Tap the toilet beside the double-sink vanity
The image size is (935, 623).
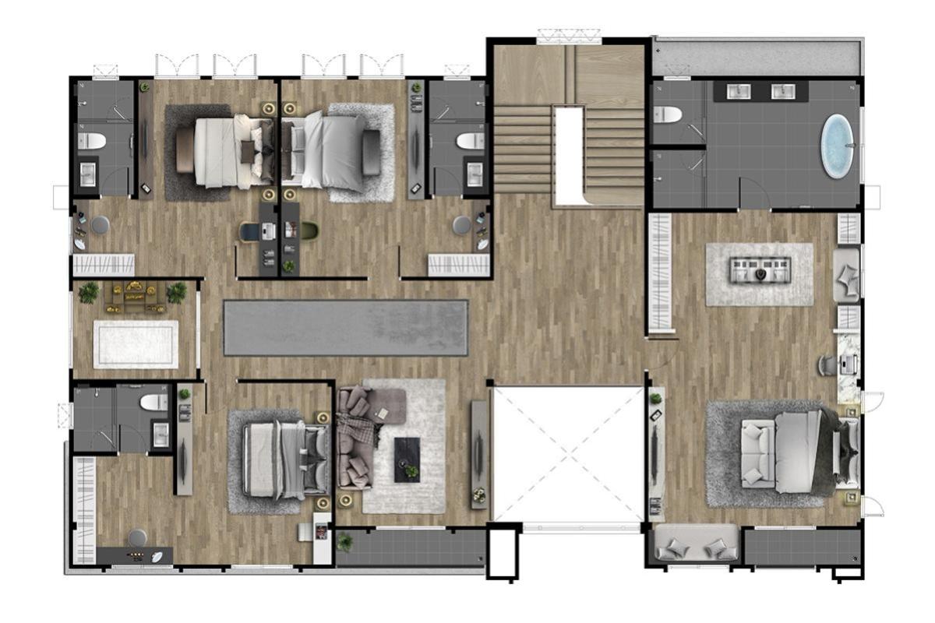668,115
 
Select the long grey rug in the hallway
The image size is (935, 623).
346,328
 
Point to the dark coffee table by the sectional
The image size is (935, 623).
407,459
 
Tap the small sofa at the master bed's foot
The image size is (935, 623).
757,456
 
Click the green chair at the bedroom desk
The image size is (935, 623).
310,231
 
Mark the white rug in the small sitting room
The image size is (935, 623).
136,343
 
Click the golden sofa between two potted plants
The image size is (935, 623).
135,294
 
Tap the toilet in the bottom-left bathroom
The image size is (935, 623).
154,402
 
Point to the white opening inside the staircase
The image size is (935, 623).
569,156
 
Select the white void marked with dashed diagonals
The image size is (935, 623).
568,455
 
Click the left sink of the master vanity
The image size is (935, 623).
739,92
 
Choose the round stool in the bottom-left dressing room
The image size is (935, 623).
138,537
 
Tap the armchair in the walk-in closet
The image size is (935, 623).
846,276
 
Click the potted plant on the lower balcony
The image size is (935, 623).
344,540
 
